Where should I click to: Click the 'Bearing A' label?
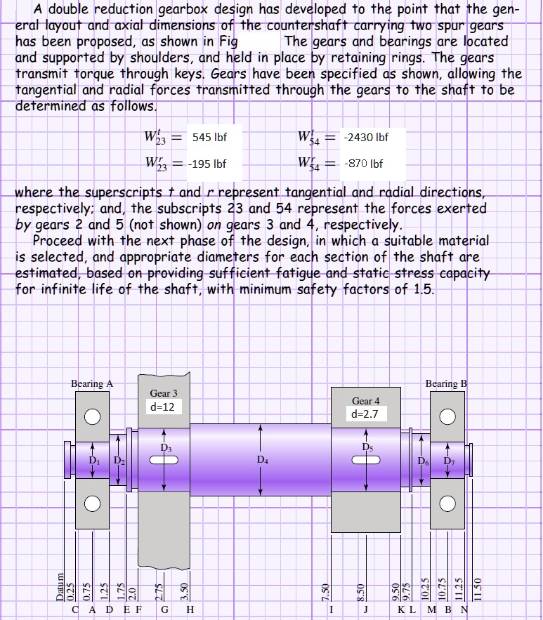92,383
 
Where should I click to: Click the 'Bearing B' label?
446,383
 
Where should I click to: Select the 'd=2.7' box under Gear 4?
365,414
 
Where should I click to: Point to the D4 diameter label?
262,461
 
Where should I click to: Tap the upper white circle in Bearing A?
92,416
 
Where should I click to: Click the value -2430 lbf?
362,137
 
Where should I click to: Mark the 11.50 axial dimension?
478,588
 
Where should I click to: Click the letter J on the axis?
366,609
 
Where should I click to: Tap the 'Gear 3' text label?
164,393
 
